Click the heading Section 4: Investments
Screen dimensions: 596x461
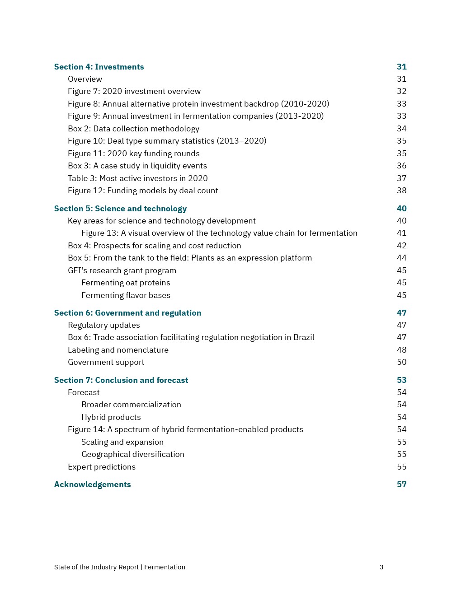pyautogui.click(x=99, y=67)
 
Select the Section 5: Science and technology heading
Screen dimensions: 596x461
pyautogui.click(x=120, y=209)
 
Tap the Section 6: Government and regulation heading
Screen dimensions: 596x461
pyautogui.click(x=127, y=313)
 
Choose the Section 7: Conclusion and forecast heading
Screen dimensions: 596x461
pyautogui.click(x=121, y=380)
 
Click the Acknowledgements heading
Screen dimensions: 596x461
pyautogui.click(x=92, y=484)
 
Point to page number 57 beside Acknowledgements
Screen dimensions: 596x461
pyautogui.click(x=401, y=484)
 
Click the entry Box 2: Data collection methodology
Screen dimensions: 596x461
pyautogui.click(x=133, y=129)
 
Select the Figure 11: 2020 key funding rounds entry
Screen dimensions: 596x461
pyautogui.click(x=133, y=154)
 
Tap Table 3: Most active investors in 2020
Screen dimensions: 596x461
pyautogui.click(x=137, y=178)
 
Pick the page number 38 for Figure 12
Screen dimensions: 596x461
pyautogui.click(x=401, y=191)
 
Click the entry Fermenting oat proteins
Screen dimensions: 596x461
pyautogui.click(x=126, y=283)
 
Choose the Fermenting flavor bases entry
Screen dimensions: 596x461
pyautogui.click(x=126, y=295)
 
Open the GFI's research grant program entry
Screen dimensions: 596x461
pyautogui.click(x=122, y=270)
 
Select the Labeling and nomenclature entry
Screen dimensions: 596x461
pyautogui.click(x=118, y=350)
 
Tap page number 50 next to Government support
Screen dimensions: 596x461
pyautogui.click(x=401, y=362)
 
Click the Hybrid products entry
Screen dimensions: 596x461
pyautogui.click(x=111, y=417)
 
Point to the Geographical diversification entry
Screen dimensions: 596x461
pyautogui.click(x=132, y=454)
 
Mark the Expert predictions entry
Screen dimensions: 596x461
pyautogui.click(x=102, y=467)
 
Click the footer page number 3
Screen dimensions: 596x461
pyautogui.click(x=381, y=567)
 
